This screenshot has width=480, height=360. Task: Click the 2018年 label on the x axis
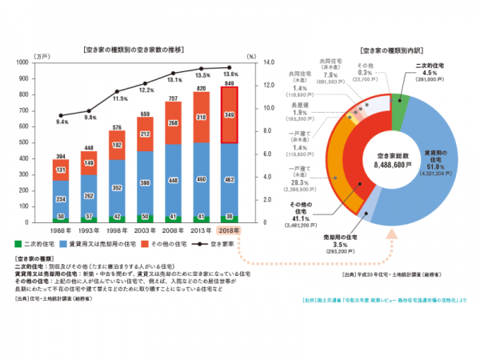229,230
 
